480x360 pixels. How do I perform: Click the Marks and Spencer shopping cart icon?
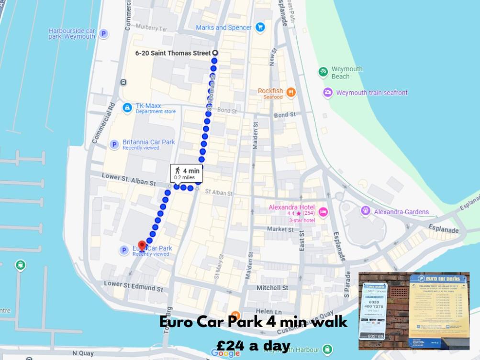(x=260, y=27)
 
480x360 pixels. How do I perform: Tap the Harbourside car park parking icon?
(x=103, y=33)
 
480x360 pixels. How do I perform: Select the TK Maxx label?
(x=148, y=106)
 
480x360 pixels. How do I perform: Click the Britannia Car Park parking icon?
(x=114, y=144)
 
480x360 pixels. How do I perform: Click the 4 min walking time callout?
(x=186, y=173)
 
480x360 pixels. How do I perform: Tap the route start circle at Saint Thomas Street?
(x=215, y=53)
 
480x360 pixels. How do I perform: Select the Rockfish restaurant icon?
(x=290, y=92)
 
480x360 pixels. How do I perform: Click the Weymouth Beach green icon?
(x=324, y=72)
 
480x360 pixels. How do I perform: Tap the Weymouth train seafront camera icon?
(x=327, y=93)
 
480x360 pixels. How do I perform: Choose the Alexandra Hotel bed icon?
(x=323, y=212)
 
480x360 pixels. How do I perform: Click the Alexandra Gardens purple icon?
(x=366, y=211)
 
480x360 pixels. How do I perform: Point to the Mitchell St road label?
(x=272, y=288)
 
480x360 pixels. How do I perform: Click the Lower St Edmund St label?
(x=134, y=286)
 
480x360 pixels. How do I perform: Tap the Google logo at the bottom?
(x=225, y=353)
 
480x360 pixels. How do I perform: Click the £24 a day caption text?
(x=253, y=345)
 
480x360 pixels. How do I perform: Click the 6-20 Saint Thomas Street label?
(x=173, y=53)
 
